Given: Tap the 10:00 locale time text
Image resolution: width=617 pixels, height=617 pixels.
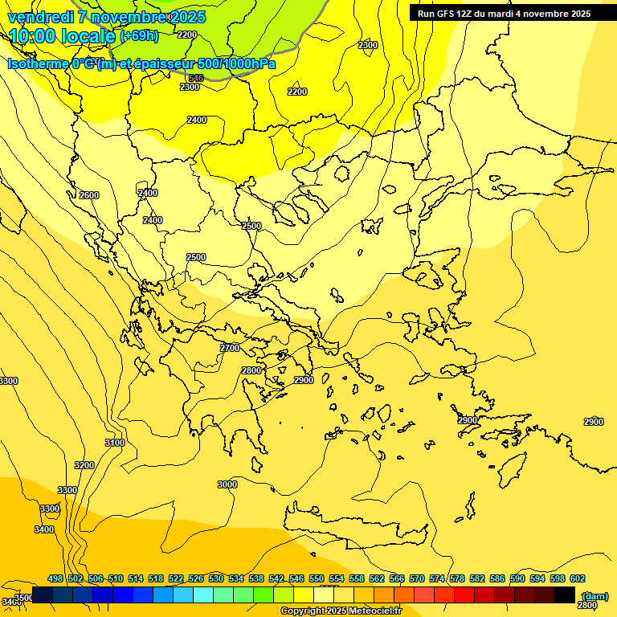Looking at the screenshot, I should (62, 36).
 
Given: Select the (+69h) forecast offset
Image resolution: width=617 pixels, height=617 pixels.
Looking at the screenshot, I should (139, 36).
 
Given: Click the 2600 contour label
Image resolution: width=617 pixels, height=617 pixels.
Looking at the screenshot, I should (89, 195).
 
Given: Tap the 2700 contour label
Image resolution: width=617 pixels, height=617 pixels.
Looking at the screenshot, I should (230, 348).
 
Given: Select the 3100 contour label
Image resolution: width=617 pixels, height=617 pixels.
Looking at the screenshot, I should (115, 443).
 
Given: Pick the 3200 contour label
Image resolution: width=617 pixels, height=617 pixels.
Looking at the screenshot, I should (84, 465).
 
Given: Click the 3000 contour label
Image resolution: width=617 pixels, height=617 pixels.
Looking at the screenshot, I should (227, 484).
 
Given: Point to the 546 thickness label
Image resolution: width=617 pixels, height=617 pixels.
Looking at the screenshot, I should (196, 78).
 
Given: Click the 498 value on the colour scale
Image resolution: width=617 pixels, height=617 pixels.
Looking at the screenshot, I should (55, 578).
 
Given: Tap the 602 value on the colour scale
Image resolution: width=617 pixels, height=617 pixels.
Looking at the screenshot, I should (578, 578).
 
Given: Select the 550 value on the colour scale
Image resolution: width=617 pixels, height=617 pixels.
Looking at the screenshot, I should (317, 578).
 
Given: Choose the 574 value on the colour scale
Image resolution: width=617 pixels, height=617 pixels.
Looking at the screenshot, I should (437, 578).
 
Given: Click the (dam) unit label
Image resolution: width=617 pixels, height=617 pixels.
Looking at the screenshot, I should (595, 595).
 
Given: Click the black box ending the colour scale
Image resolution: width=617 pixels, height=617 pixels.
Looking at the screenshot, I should (565, 595).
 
